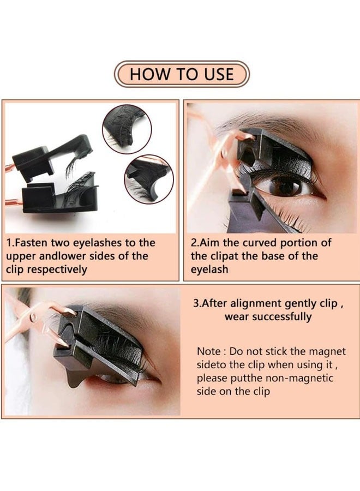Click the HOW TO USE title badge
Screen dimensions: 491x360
click(181, 74)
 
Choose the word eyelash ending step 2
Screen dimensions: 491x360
click(211, 270)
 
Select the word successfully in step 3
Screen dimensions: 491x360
click(286, 316)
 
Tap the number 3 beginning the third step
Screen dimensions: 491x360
click(196, 303)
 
